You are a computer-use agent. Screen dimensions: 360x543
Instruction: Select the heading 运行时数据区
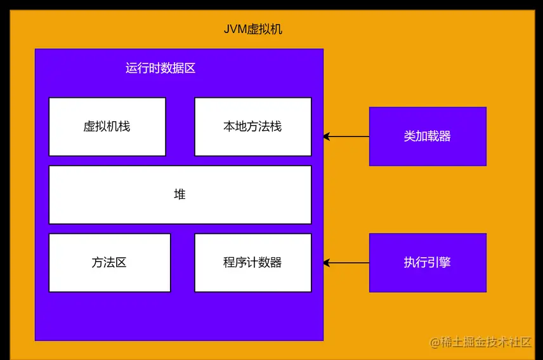point(160,68)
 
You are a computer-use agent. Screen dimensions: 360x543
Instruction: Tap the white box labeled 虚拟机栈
point(107,126)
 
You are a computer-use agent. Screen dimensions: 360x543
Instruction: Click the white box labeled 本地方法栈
point(252,126)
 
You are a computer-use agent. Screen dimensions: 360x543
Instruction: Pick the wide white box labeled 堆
point(180,194)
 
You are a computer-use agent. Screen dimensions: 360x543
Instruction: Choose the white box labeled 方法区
point(110,263)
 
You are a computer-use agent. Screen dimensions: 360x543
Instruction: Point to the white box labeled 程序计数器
point(252,263)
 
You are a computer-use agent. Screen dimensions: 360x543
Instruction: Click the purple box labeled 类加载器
point(428,137)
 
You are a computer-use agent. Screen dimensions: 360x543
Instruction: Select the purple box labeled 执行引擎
point(428,263)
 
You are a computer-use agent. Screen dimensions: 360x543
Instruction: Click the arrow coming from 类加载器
point(348,137)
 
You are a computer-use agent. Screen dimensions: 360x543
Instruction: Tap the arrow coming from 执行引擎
point(348,263)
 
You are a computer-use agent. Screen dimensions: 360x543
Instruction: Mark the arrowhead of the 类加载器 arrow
point(327,137)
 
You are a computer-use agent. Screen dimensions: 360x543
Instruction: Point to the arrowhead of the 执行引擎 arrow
point(327,263)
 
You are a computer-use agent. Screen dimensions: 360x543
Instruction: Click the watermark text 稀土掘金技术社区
point(486,342)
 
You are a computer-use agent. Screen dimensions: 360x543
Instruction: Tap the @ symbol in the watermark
point(435,343)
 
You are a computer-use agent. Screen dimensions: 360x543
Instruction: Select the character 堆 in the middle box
point(180,194)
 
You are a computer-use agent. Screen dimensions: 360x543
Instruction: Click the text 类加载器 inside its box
point(428,137)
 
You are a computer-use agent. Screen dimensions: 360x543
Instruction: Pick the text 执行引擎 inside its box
point(428,263)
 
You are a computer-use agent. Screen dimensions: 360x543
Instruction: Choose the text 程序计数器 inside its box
point(252,263)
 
